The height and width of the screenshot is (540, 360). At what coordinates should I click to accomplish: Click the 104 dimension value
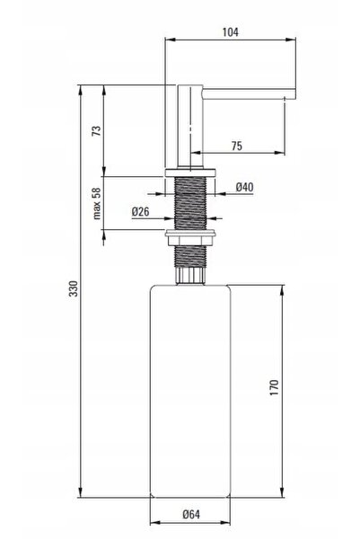coord(230,32)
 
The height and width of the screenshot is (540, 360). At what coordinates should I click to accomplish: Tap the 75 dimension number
coord(237,146)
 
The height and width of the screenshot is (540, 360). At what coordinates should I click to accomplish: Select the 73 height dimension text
coord(97,131)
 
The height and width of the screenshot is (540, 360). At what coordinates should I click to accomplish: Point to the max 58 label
coord(97,203)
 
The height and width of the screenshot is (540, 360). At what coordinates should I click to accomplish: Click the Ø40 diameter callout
coord(244,188)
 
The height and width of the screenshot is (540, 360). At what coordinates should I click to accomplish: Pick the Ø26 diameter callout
coord(140,211)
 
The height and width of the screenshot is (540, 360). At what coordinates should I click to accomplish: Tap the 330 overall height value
coord(74,288)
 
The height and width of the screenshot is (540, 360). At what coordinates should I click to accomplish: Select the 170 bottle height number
coord(275,387)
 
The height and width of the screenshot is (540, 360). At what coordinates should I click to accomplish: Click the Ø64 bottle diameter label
coord(191,515)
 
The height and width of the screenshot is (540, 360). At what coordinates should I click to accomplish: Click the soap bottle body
coord(190,391)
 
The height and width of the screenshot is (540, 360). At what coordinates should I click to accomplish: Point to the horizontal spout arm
coord(249,93)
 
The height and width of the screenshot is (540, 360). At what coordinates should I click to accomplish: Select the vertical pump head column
coord(190,127)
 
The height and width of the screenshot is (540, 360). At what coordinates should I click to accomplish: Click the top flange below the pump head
coord(190,173)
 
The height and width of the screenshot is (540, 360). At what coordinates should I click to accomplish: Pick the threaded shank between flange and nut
coord(190,203)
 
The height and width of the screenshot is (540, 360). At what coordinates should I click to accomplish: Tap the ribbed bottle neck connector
coord(190,275)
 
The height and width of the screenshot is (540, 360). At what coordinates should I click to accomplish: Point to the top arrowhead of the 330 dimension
coord(81,90)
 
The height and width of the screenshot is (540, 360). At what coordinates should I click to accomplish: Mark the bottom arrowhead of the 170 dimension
coord(283,492)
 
